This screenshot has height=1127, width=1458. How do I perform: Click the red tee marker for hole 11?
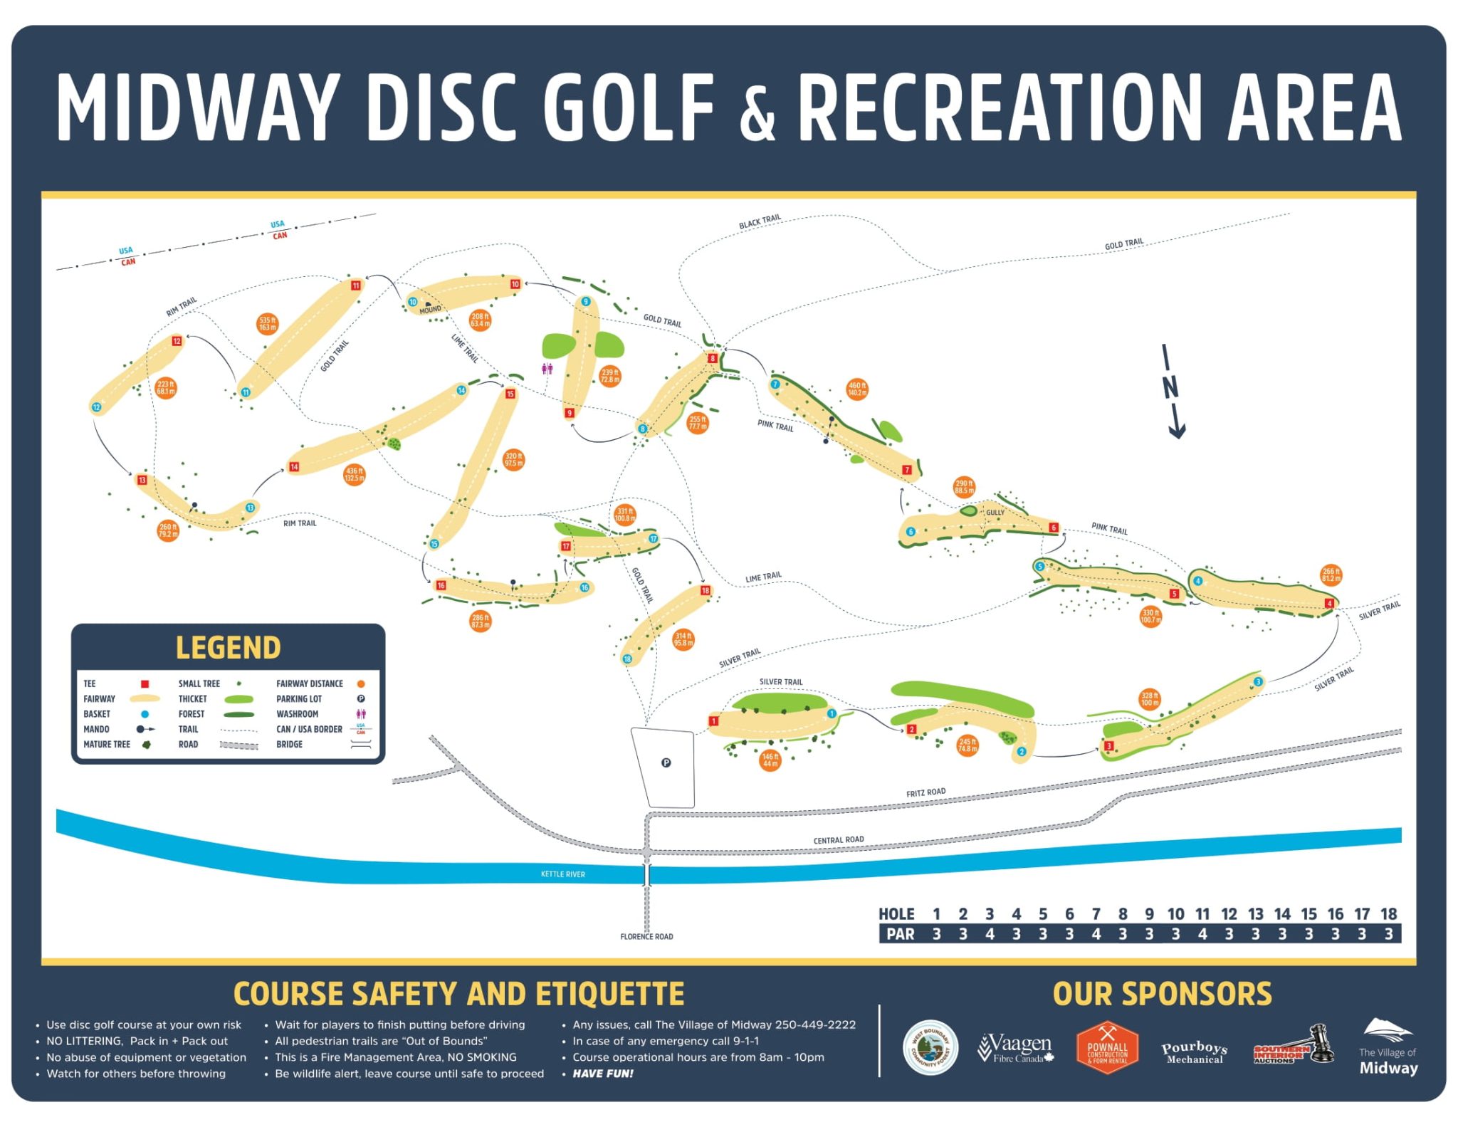(356, 285)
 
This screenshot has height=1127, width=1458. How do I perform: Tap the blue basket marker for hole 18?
(627, 659)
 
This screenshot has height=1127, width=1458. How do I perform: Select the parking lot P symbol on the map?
(666, 762)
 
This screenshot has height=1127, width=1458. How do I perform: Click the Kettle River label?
(562, 874)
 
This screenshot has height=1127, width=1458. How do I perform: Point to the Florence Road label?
(646, 936)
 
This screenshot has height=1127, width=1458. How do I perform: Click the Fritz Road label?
(925, 792)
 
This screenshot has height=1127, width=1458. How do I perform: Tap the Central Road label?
(839, 840)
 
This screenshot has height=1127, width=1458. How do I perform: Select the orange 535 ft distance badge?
(268, 324)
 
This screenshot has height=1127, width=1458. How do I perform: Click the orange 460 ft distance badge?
(857, 389)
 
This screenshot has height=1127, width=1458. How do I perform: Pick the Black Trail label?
(760, 221)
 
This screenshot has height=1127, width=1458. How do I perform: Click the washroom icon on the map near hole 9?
(547, 369)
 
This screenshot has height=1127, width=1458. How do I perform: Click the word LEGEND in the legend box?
(228, 648)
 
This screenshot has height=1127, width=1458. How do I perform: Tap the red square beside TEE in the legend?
(145, 683)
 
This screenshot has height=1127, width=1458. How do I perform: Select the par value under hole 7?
(1096, 934)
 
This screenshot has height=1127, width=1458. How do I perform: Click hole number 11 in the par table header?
(1202, 914)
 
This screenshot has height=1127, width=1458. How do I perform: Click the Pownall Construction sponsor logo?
(1107, 1048)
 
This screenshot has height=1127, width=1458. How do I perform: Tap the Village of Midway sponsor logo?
(1388, 1047)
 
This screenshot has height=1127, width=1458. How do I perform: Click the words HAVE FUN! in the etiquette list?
(603, 1074)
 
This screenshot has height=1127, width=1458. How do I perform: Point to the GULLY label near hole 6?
(995, 513)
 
